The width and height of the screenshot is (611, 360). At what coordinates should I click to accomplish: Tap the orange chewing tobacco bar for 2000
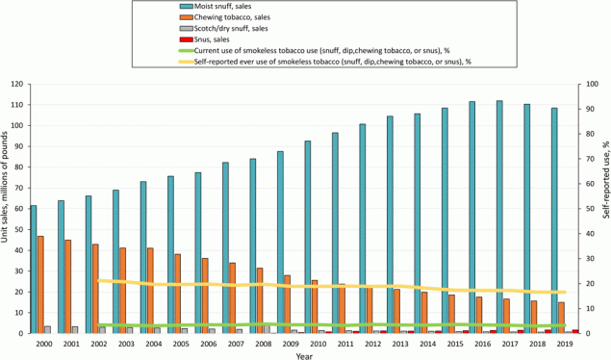click(40, 285)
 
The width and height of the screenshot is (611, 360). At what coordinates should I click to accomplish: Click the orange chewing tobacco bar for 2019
click(561, 318)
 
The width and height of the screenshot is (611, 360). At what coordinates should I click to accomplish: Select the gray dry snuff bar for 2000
click(47, 329)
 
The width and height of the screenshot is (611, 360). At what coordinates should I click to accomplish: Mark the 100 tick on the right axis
click(578, 84)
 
